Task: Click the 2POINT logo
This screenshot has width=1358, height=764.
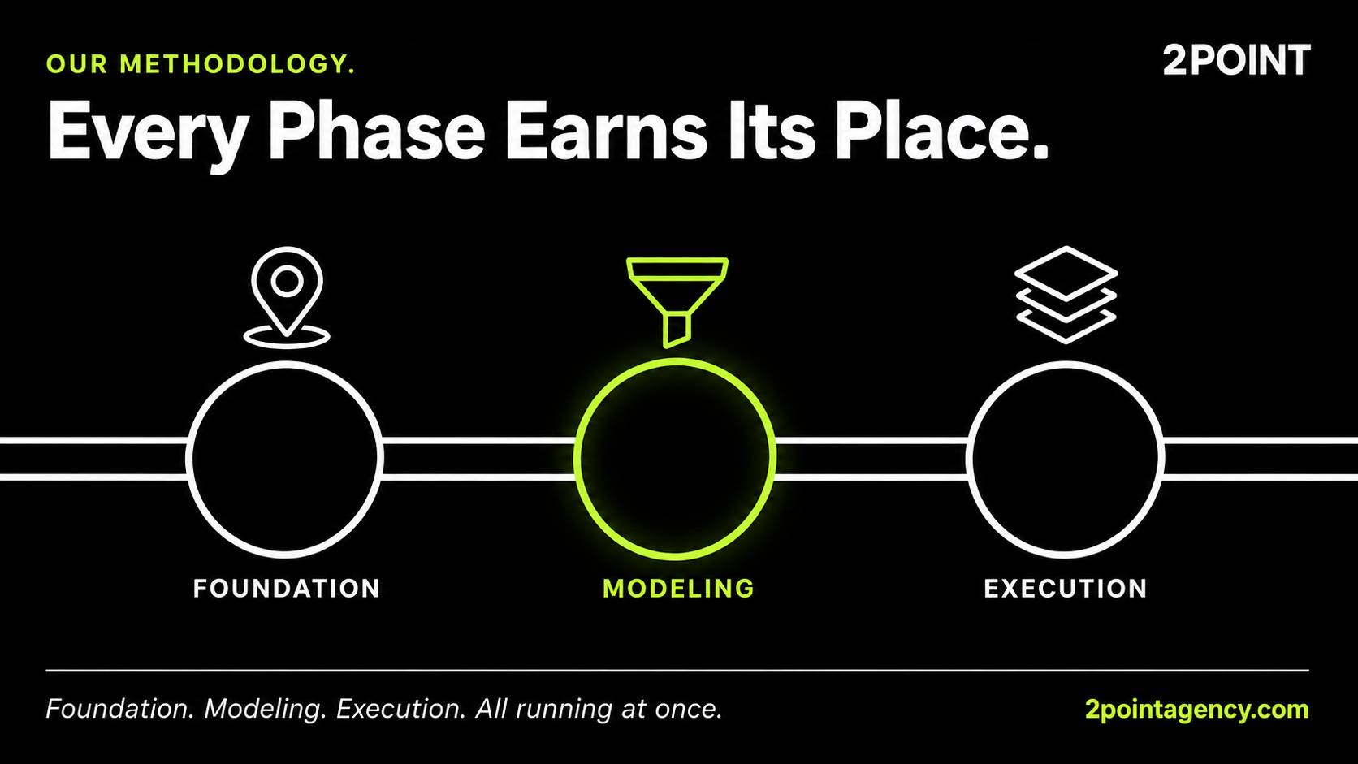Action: tap(1236, 60)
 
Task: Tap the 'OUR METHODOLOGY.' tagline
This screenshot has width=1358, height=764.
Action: tap(201, 64)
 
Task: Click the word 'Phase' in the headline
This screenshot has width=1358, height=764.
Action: tap(377, 132)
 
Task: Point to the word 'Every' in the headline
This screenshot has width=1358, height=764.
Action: tap(149, 136)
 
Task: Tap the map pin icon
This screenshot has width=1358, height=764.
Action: tap(287, 297)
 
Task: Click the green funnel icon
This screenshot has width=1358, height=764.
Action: tap(677, 302)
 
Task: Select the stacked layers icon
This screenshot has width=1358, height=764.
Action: tap(1066, 295)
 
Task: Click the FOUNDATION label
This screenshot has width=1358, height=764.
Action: tap(287, 589)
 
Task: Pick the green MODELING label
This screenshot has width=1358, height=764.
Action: tap(678, 589)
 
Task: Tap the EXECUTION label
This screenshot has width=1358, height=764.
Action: tap(1065, 589)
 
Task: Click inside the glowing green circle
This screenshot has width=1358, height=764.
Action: tap(676, 459)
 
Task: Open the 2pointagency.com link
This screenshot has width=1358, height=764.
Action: tap(1196, 710)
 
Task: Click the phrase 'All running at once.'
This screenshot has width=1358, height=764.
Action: tap(599, 709)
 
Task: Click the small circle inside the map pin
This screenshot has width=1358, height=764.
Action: tap(287, 281)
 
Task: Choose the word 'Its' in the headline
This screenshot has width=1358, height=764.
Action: tap(771, 132)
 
